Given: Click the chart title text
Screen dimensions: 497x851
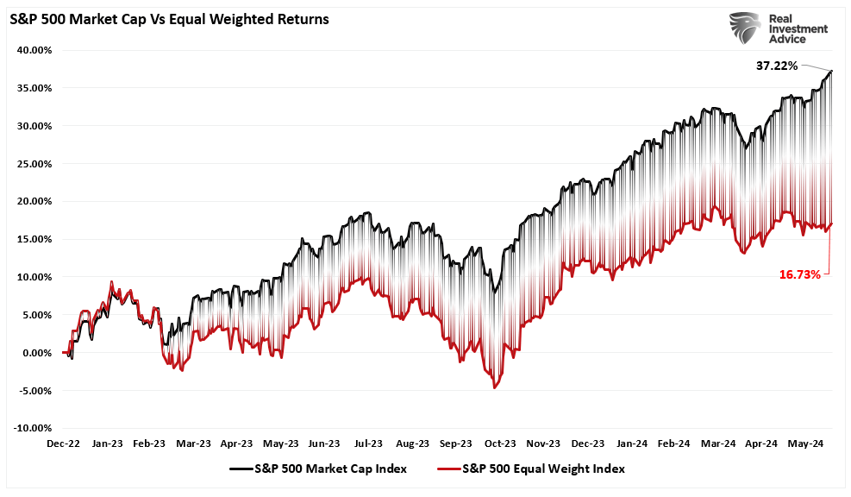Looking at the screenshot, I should [x=168, y=19].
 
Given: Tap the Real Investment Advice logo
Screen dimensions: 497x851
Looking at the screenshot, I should [x=779, y=29].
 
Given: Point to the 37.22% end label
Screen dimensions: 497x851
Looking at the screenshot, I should [x=777, y=66].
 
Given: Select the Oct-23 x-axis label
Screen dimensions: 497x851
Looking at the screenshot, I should [x=500, y=444].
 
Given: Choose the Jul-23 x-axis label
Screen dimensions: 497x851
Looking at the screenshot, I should [x=369, y=444].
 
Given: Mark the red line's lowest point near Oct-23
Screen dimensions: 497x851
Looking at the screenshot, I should [x=494, y=387].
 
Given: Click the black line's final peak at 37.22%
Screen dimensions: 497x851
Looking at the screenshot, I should [x=832, y=71].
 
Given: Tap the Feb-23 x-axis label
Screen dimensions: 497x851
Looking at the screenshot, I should [x=150, y=444].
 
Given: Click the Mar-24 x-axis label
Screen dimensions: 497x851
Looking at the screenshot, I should [x=718, y=444].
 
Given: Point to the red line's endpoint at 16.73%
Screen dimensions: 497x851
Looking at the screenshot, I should [x=831, y=224].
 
